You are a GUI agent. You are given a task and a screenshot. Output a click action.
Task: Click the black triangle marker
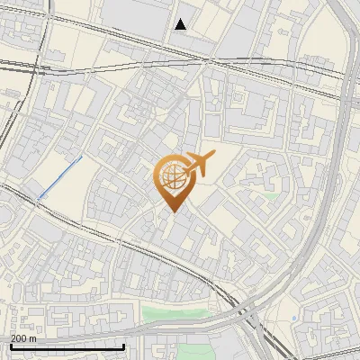point(181,24)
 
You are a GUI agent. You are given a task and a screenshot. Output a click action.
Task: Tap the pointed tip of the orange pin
point(170,211)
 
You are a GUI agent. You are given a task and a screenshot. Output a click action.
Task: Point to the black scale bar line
point(67,346)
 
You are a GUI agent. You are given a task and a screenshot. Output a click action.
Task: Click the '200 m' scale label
point(23,338)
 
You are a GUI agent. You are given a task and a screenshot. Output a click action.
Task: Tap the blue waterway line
point(59,176)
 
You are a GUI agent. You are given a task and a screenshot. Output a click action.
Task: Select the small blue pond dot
point(294,319)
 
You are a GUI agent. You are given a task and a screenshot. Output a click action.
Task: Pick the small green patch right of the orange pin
point(271,193)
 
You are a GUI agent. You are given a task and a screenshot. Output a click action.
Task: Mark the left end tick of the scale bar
point(10,345)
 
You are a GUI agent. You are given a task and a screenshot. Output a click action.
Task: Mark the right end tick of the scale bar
point(123,345)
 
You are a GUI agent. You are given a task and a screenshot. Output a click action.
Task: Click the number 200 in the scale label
point(19,338)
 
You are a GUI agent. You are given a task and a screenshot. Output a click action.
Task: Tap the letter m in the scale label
point(32,338)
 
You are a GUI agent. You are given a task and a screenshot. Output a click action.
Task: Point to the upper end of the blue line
point(81,157)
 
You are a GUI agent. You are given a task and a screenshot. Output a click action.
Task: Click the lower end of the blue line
point(39,196)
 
